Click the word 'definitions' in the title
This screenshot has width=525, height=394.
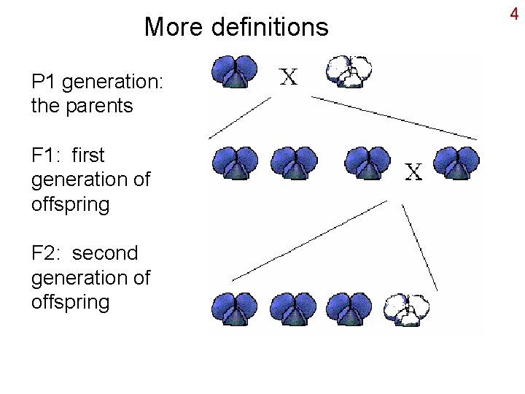[269, 28]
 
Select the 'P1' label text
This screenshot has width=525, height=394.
[44, 82]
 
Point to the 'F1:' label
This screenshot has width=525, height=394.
[46, 155]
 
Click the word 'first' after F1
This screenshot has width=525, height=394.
[88, 155]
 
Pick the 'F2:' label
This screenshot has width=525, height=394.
[47, 253]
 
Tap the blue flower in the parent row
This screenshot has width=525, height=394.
[234, 72]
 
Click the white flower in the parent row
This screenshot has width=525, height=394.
[349, 72]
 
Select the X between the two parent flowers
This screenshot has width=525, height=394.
[289, 77]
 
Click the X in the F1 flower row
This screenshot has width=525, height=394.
[413, 172]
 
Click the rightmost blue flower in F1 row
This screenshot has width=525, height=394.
[456, 163]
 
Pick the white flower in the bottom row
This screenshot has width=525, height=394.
[407, 309]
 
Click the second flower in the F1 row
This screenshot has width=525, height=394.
[294, 163]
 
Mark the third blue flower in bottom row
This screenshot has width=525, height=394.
[350, 309]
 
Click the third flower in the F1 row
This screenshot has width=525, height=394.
[367, 163]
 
